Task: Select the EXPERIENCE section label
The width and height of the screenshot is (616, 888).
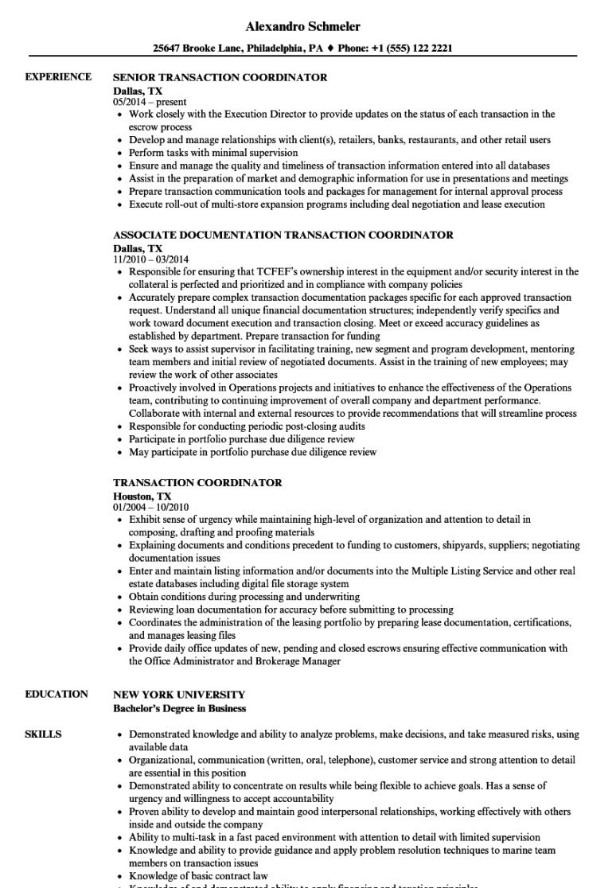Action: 58,77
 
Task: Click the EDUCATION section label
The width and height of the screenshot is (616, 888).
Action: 57,694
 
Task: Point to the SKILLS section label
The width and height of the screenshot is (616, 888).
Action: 45,734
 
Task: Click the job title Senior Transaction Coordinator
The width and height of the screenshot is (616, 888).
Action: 220,78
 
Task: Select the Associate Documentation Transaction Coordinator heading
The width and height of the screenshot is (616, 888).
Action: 283,236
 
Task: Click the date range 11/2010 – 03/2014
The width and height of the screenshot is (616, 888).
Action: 151,259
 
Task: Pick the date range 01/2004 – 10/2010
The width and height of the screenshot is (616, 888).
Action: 151,507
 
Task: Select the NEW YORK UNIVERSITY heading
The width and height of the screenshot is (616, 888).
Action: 179,694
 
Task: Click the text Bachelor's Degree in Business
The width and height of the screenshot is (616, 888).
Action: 180,707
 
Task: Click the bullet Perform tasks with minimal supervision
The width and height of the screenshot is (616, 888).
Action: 213,153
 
